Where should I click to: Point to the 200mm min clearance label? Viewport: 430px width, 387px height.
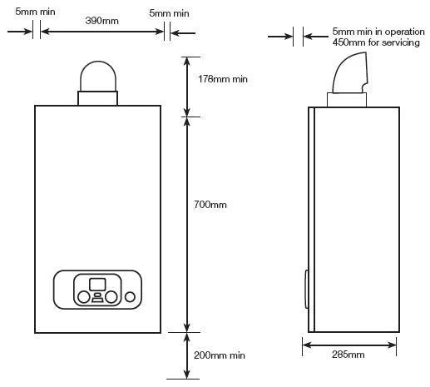pos(219,355)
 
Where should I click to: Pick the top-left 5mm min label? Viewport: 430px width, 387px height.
pos(31,13)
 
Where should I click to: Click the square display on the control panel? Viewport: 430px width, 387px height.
pos(98,283)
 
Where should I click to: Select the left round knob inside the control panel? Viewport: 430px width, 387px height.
pos(83,296)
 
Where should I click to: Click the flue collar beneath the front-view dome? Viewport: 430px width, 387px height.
pos(98,98)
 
